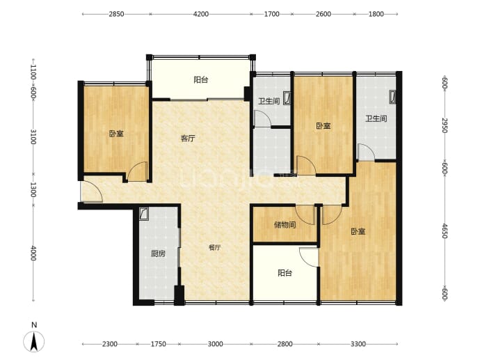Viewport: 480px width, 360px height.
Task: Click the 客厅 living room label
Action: (x=188, y=138)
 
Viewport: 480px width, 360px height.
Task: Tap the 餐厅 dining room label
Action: (x=214, y=247)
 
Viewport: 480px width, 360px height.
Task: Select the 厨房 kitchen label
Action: (x=159, y=253)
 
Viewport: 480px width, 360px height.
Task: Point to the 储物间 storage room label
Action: (x=285, y=225)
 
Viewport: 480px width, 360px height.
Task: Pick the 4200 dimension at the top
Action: (x=201, y=14)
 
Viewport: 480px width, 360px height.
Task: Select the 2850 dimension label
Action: (x=116, y=14)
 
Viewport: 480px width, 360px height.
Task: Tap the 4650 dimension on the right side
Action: (x=445, y=231)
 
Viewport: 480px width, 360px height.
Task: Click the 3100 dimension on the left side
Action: (x=33, y=136)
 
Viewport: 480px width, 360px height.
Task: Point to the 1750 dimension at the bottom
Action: (x=159, y=344)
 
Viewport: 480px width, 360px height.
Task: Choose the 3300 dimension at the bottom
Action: (x=358, y=344)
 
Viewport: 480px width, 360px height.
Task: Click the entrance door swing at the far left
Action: (x=91, y=191)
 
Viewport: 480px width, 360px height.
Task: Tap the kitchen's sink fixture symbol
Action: (x=143, y=214)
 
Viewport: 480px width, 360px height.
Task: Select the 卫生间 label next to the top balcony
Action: (x=269, y=101)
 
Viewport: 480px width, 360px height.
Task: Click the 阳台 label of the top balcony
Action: (x=201, y=79)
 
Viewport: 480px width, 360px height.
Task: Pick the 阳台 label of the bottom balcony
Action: (x=285, y=273)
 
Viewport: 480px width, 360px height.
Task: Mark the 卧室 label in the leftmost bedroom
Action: (x=116, y=134)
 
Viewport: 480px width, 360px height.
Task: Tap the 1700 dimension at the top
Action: (x=272, y=14)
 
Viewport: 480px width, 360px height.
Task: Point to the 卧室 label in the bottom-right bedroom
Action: (x=358, y=231)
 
